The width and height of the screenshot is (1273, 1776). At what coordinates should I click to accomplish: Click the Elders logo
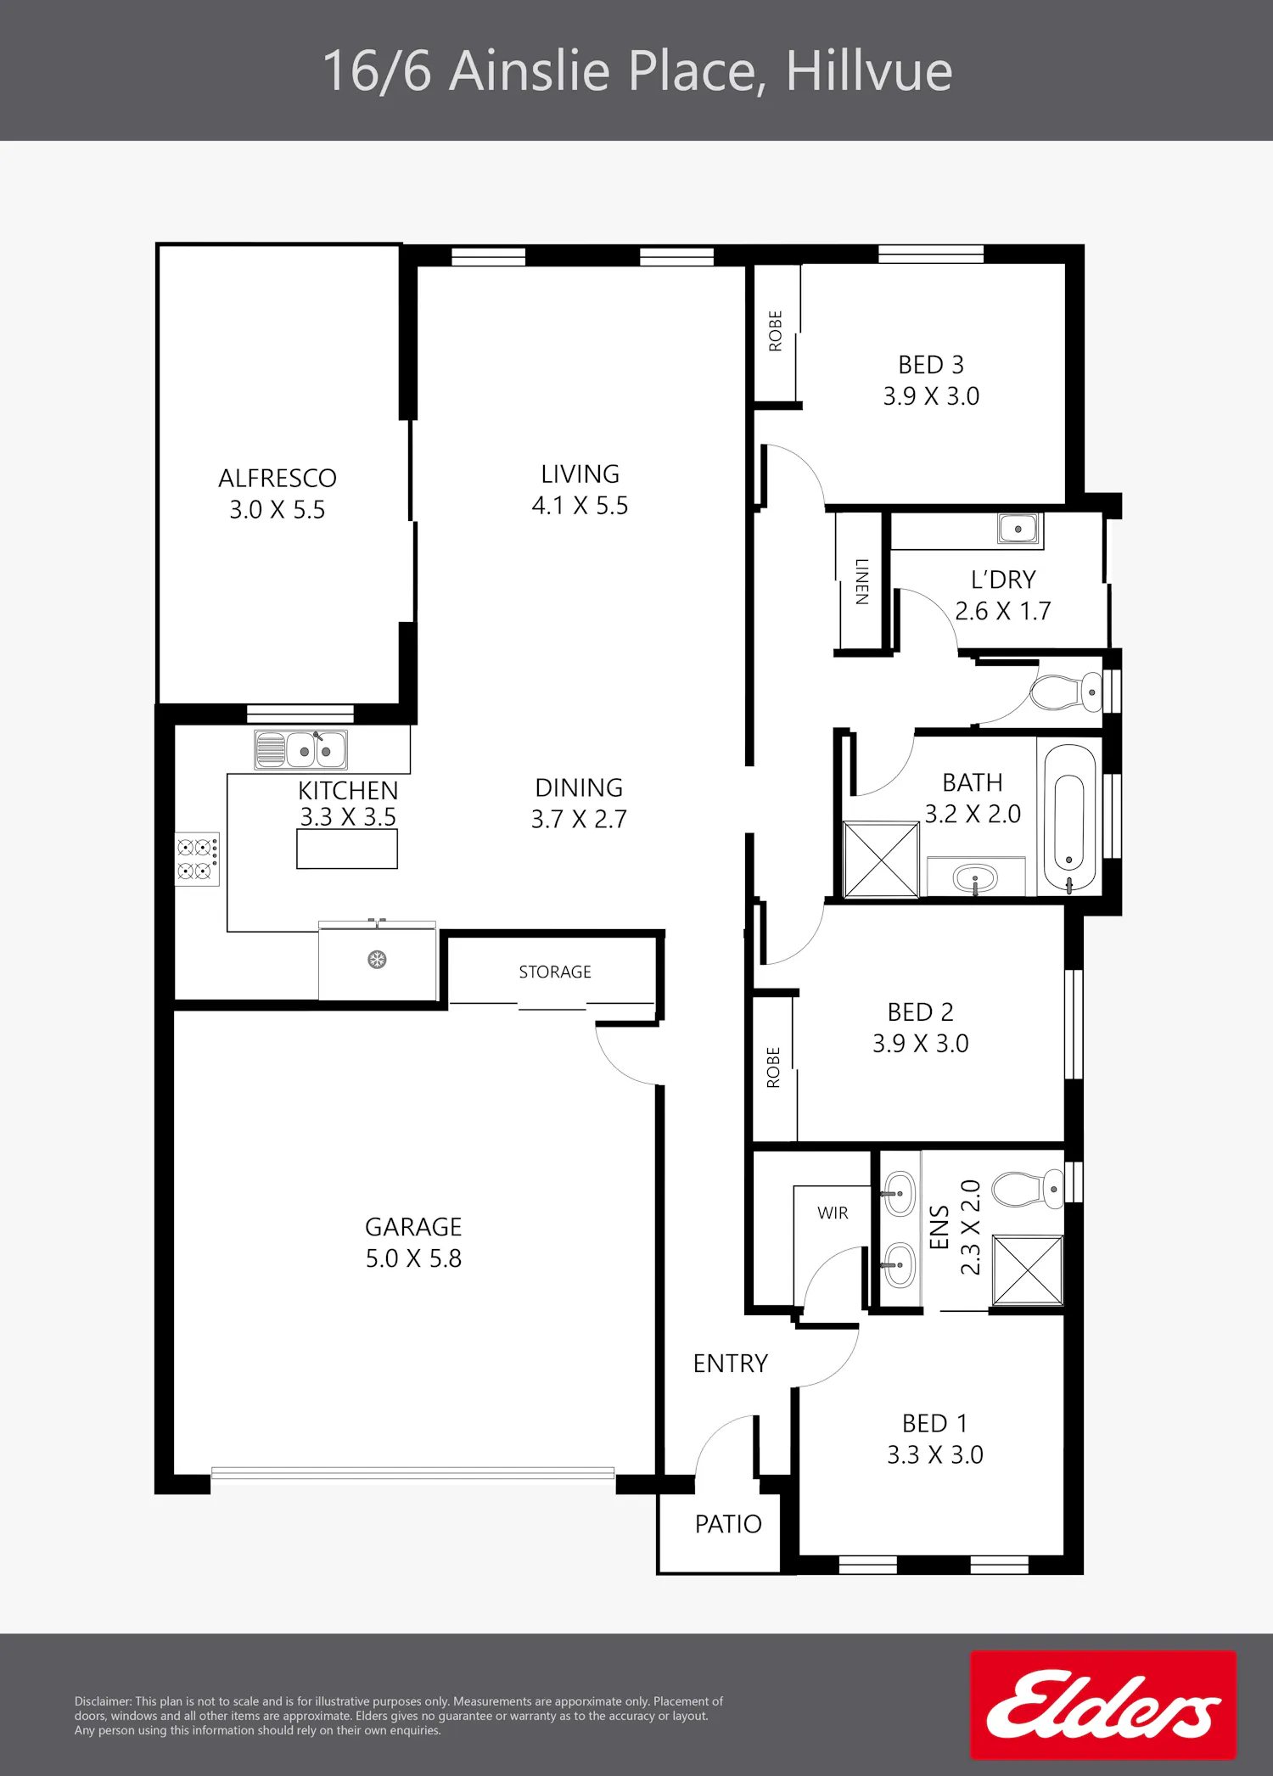click(x=1103, y=1704)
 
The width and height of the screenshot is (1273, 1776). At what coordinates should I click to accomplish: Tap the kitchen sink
click(x=300, y=750)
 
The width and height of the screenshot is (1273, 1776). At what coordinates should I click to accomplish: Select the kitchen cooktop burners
click(x=197, y=859)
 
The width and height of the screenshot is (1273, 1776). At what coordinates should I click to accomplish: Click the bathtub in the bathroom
click(x=1069, y=819)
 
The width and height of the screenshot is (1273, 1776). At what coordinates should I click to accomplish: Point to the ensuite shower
click(x=1028, y=1269)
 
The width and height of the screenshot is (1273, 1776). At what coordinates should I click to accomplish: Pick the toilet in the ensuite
click(x=1028, y=1189)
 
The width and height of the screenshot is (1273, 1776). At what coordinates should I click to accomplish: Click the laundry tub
click(x=1018, y=528)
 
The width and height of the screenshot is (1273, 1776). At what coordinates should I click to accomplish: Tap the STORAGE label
click(x=555, y=972)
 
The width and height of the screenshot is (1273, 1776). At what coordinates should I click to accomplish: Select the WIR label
click(x=833, y=1213)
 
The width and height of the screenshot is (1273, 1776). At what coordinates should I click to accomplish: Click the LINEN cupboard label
click(x=862, y=581)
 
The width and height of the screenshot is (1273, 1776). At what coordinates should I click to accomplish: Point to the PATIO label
click(x=728, y=1524)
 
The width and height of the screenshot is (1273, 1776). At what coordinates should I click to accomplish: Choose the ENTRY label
click(x=730, y=1364)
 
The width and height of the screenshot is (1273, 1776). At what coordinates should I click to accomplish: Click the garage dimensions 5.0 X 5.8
click(x=413, y=1258)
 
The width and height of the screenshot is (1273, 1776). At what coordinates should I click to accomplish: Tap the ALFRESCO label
click(x=278, y=479)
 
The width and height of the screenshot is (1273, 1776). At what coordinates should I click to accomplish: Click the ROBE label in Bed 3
click(x=776, y=331)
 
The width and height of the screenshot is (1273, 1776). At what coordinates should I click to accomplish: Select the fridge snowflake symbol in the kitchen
click(x=377, y=960)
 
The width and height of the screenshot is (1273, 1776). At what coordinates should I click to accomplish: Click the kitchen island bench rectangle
click(x=347, y=849)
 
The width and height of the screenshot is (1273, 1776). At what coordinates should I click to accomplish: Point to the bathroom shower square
click(x=881, y=859)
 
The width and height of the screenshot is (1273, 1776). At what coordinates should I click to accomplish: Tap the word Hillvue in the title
click(x=869, y=70)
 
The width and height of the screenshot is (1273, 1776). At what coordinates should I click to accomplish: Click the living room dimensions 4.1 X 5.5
click(x=580, y=506)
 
